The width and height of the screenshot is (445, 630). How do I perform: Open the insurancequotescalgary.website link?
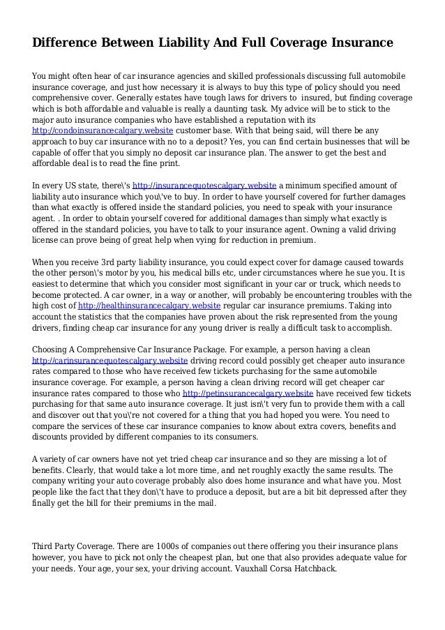(205, 185)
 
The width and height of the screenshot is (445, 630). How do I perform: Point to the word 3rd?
(104, 262)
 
